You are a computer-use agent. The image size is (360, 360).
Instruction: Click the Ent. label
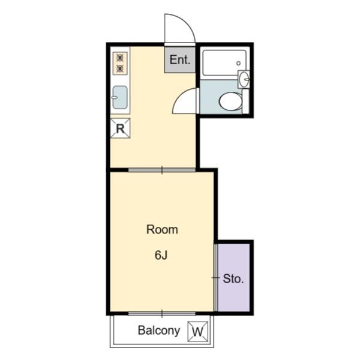click(x=180, y=59)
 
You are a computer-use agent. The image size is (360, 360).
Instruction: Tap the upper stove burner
click(x=120, y=58)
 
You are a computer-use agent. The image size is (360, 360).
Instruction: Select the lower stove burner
click(x=120, y=68)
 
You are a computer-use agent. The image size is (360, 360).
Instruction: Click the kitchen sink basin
click(x=120, y=97)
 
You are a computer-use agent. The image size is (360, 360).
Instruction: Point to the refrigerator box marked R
click(x=120, y=128)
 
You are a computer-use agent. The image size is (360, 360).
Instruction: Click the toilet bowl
click(x=230, y=101)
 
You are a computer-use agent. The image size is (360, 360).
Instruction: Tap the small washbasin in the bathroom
click(x=244, y=79)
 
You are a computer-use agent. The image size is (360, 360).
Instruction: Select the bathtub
click(x=224, y=62)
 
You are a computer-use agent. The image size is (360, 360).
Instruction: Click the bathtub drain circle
click(x=239, y=63)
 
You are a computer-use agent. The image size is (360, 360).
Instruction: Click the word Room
click(x=162, y=230)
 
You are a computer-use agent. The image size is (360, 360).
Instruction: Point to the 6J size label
click(x=161, y=255)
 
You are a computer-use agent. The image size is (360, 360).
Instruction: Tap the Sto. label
click(x=233, y=279)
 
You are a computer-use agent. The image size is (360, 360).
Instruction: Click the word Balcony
click(x=159, y=331)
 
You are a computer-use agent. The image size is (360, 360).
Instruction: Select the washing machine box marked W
click(x=197, y=331)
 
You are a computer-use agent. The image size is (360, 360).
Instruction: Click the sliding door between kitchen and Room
click(x=162, y=170)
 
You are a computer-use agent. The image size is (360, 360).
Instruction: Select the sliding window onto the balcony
click(x=162, y=314)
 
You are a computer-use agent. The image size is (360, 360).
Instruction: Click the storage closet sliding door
click(x=215, y=278)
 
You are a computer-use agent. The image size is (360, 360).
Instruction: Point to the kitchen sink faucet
click(x=114, y=98)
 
